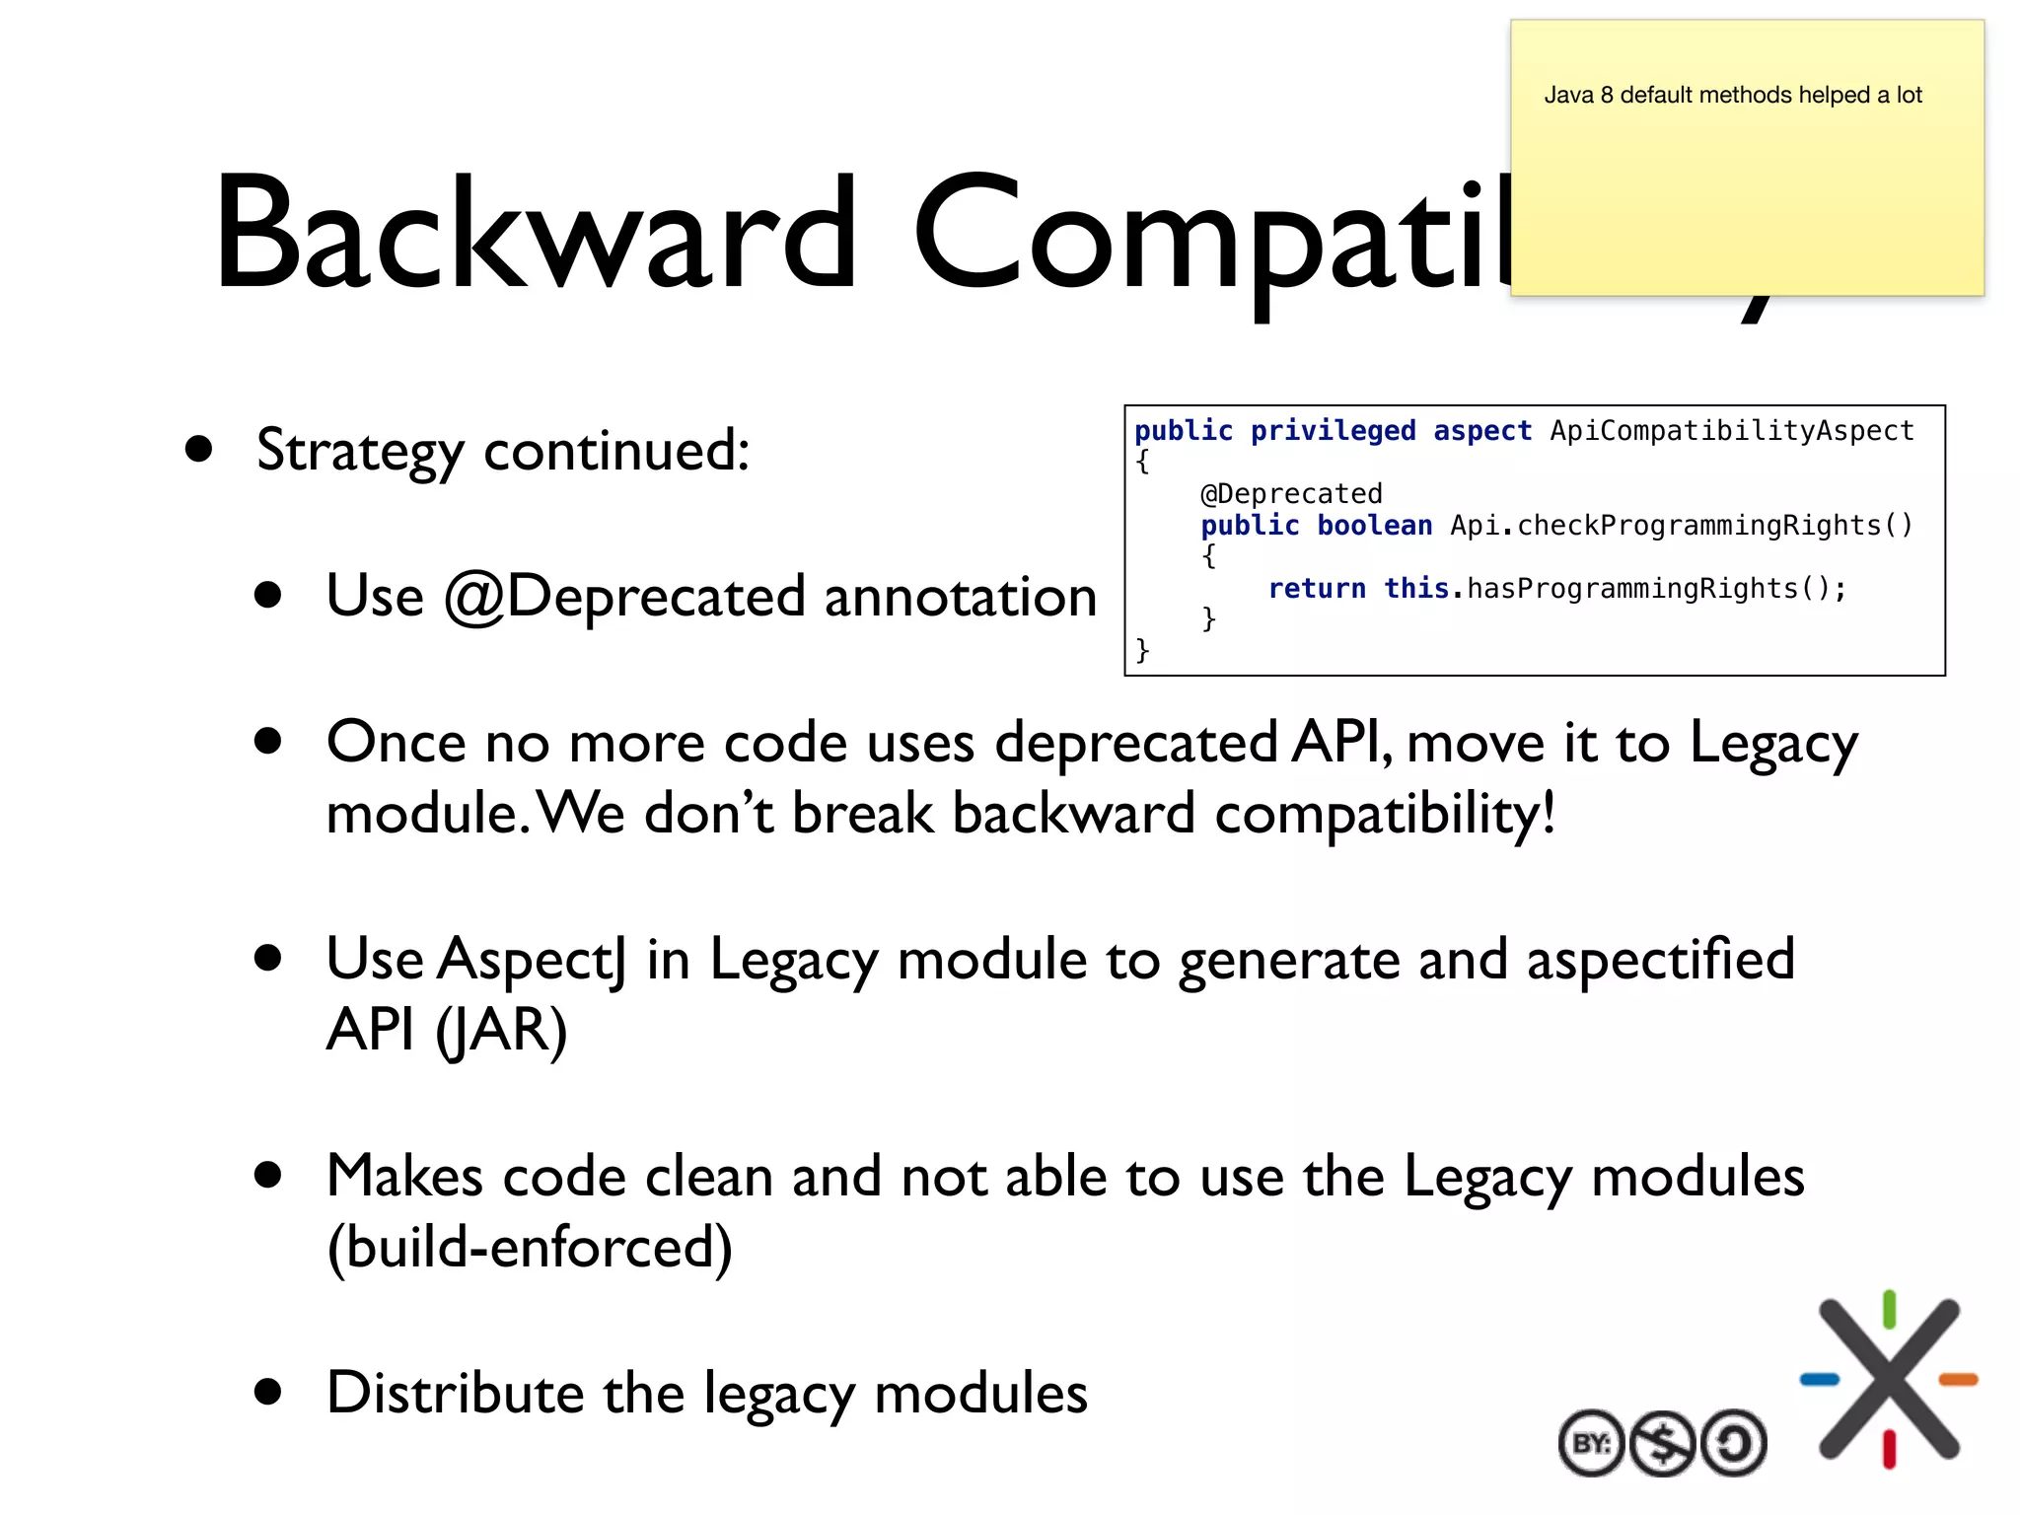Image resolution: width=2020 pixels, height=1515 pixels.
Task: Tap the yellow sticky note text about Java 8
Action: point(1732,95)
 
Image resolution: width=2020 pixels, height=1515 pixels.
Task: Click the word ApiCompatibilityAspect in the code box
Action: point(1731,431)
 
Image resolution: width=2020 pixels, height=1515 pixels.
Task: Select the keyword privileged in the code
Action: point(1333,431)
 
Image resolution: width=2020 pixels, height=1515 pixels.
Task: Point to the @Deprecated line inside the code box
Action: point(1291,493)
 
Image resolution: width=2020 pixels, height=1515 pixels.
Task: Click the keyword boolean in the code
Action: point(1374,525)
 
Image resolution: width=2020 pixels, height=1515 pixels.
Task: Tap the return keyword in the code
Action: point(1317,588)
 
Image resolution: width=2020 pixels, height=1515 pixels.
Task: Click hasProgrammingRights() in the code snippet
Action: point(1655,588)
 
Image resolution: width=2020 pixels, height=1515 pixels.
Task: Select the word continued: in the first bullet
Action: point(616,451)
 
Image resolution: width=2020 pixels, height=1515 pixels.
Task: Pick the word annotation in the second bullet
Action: point(960,597)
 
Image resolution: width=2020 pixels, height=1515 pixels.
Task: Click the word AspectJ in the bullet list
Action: point(532,960)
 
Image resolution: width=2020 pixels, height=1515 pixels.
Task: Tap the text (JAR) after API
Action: point(501,1031)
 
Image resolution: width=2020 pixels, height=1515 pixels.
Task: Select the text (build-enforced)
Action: point(530,1248)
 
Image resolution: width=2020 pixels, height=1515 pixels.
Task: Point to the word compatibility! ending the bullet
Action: point(1385,815)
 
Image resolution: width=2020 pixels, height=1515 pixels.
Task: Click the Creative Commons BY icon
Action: point(1591,1444)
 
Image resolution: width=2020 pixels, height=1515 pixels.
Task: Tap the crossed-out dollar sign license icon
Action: point(1663,1444)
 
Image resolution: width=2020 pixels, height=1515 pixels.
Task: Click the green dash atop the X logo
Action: point(1889,1310)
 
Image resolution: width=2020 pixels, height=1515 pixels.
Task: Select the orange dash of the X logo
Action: point(1958,1379)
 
